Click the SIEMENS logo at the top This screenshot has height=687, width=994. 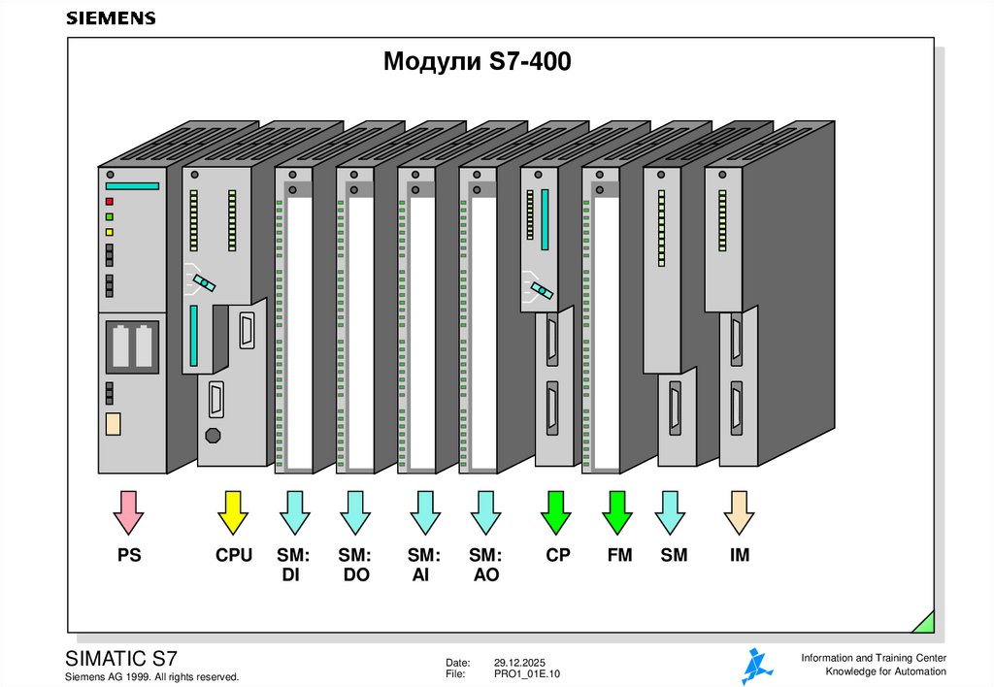[x=110, y=18]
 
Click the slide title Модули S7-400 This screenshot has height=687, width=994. [x=478, y=63]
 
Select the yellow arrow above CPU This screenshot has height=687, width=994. [x=232, y=512]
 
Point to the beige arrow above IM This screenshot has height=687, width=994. [x=739, y=512]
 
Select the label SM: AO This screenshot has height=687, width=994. [x=485, y=565]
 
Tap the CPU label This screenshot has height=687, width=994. [x=234, y=556]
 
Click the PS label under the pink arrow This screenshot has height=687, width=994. [x=128, y=556]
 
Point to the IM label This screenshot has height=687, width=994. [x=740, y=556]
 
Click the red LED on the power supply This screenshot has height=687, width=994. [x=110, y=202]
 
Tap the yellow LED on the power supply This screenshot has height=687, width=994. [x=110, y=233]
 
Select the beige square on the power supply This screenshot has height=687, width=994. [x=113, y=423]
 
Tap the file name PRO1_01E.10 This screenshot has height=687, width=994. [x=528, y=673]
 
